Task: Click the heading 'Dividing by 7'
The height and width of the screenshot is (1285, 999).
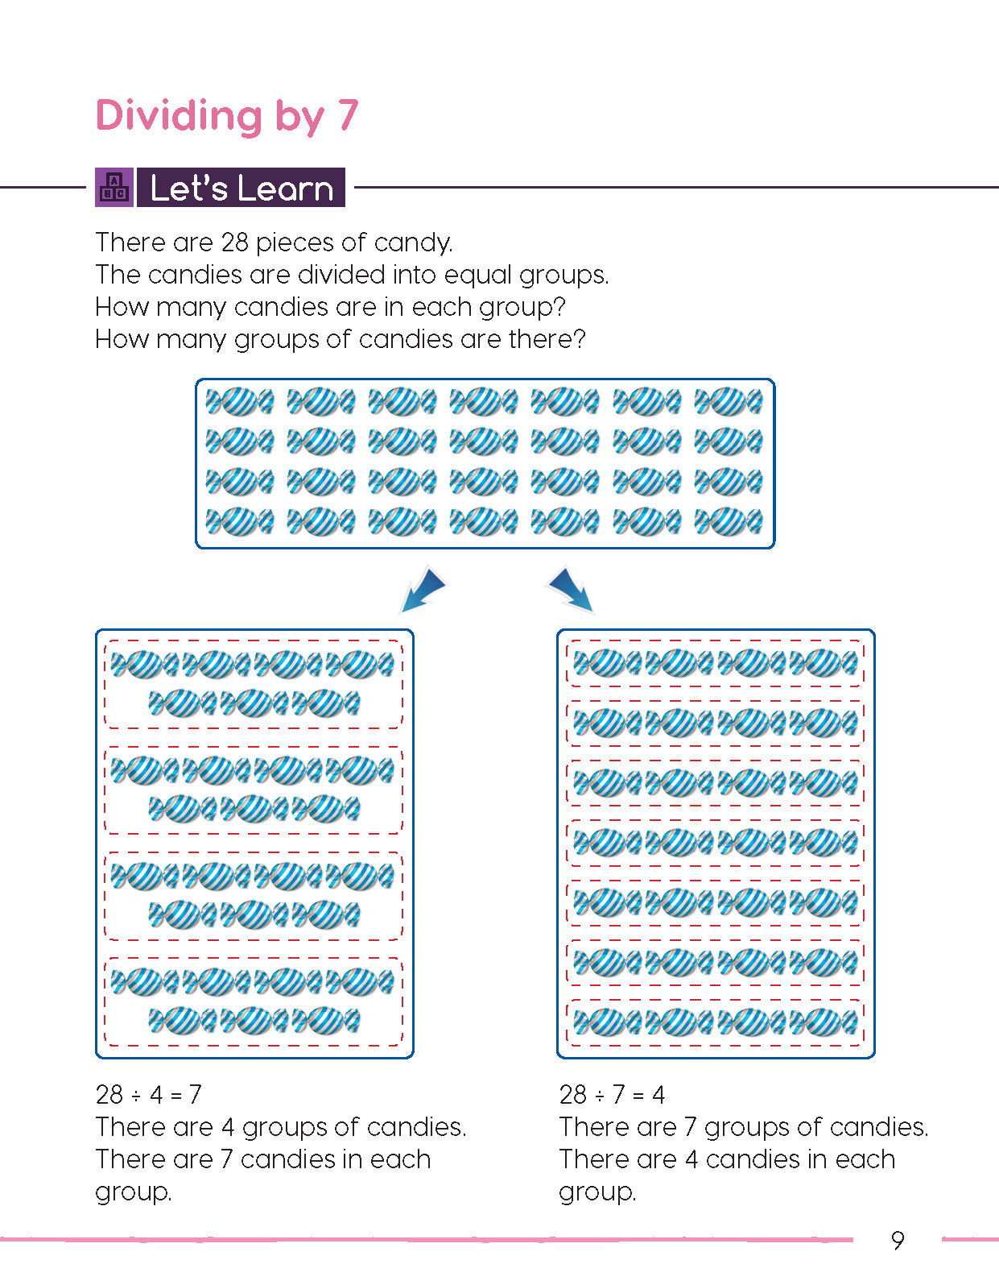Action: tap(226, 115)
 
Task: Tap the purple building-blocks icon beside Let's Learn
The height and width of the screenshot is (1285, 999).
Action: tap(114, 188)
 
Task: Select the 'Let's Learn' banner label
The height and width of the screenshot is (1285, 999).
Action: tap(241, 188)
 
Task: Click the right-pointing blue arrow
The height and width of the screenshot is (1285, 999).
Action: tap(572, 589)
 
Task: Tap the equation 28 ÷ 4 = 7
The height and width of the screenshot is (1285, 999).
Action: tap(148, 1094)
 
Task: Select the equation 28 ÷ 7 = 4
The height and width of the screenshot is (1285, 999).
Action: tap(612, 1094)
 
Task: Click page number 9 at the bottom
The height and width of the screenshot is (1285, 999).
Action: tap(898, 1240)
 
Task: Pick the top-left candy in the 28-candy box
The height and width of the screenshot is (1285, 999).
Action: tap(239, 401)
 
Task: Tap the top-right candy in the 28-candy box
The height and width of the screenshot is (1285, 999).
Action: tap(729, 401)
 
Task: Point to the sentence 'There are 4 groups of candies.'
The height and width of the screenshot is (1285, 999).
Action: tap(280, 1126)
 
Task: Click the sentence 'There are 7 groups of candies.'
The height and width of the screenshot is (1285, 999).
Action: tap(743, 1126)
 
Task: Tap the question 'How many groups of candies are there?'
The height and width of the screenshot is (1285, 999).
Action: tap(340, 339)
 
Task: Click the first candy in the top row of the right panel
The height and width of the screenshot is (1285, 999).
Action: tap(607, 663)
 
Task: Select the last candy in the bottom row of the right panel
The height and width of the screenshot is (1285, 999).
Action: tap(823, 1022)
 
